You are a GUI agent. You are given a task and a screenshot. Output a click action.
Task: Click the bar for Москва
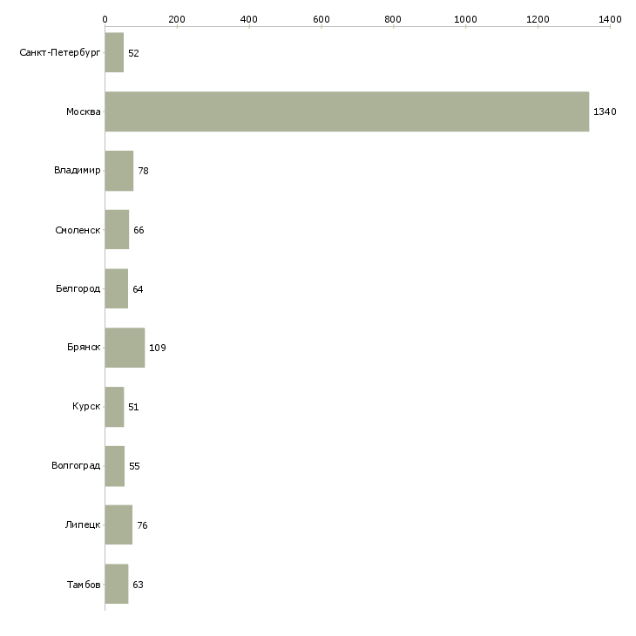[x=347, y=112]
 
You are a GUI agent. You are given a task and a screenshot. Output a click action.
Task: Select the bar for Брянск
[x=125, y=348]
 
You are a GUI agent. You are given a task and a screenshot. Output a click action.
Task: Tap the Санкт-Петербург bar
[x=114, y=53]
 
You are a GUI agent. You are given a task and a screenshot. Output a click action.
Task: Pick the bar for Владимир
[x=119, y=171]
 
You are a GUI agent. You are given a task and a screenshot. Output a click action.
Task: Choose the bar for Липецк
[x=118, y=525]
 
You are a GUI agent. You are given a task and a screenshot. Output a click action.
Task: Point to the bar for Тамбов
[x=117, y=585]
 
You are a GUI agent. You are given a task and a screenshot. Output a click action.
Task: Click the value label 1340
[x=605, y=112]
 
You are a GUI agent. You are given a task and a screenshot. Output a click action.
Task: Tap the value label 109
[x=158, y=348]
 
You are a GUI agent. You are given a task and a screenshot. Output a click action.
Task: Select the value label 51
[x=133, y=408]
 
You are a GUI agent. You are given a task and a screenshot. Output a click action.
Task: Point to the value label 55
[x=134, y=466]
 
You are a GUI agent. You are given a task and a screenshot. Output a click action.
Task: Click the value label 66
[x=139, y=231]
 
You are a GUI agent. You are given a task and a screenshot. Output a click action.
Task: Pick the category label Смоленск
[x=77, y=230]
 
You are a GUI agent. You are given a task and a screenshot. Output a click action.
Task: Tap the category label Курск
[x=86, y=407]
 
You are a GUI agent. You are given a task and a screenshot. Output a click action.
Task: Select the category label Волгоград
[x=76, y=466]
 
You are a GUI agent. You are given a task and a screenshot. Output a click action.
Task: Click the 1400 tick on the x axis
[x=610, y=18]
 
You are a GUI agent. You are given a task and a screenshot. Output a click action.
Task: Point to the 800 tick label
[x=394, y=18]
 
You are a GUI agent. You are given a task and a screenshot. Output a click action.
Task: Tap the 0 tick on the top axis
[x=105, y=18]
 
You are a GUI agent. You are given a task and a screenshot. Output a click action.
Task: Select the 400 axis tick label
[x=249, y=18]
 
